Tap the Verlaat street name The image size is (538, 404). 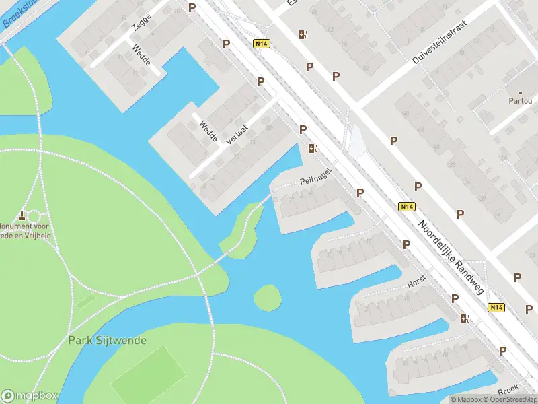237,135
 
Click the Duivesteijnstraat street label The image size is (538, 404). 439,42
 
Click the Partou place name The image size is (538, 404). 520,102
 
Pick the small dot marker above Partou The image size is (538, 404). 520,92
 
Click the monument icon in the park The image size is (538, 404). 23,215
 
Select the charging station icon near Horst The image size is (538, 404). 465,318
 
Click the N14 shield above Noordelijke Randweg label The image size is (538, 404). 406,207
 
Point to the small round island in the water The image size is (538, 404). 268,298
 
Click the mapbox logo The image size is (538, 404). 30,396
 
